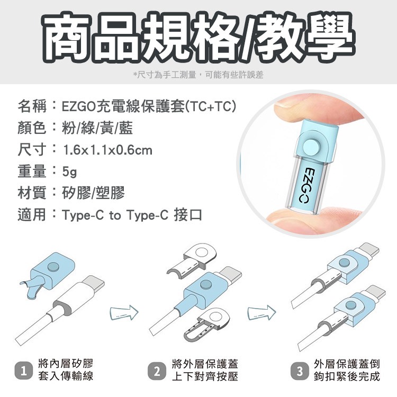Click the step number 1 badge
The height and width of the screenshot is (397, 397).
23,371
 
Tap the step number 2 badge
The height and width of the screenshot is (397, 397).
157,371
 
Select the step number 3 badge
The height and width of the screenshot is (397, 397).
300,371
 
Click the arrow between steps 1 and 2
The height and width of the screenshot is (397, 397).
124,313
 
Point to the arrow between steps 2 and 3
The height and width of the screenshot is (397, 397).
261,313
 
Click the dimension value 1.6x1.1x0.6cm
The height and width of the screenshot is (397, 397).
107,150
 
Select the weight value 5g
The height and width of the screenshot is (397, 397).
69,172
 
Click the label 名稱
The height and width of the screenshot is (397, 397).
32,106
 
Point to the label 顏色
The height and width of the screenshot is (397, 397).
32,128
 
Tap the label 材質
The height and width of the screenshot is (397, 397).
32,193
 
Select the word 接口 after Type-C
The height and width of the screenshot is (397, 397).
188,215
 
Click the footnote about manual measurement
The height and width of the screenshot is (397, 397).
198,75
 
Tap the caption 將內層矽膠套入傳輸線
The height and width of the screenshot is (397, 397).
66,370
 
